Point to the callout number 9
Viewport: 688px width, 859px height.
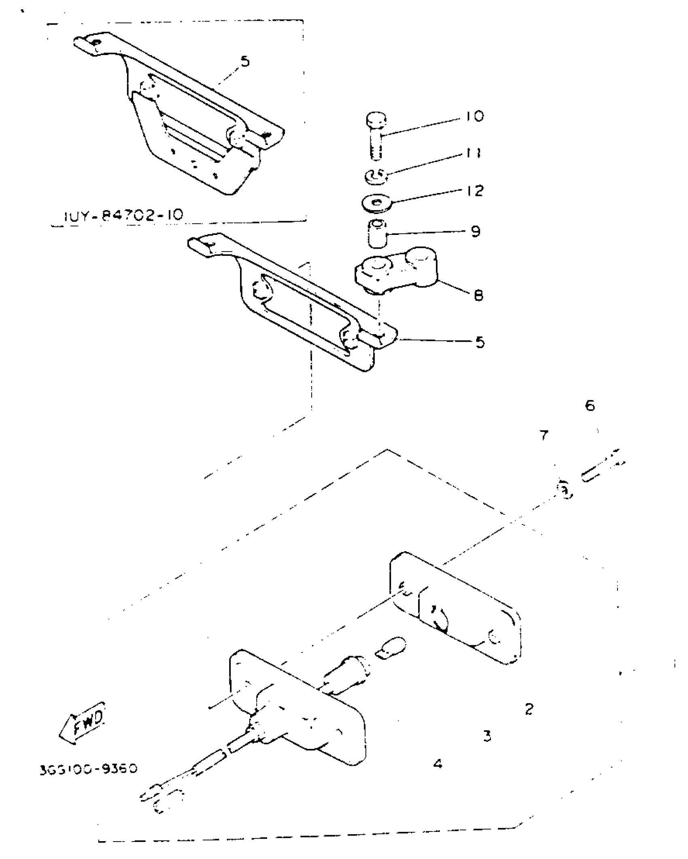click(476, 232)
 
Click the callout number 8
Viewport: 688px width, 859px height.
click(478, 296)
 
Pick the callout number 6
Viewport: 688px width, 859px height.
click(590, 405)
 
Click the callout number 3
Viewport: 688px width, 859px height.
click(488, 735)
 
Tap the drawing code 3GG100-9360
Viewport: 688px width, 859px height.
click(89, 768)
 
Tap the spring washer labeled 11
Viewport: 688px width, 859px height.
click(376, 176)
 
